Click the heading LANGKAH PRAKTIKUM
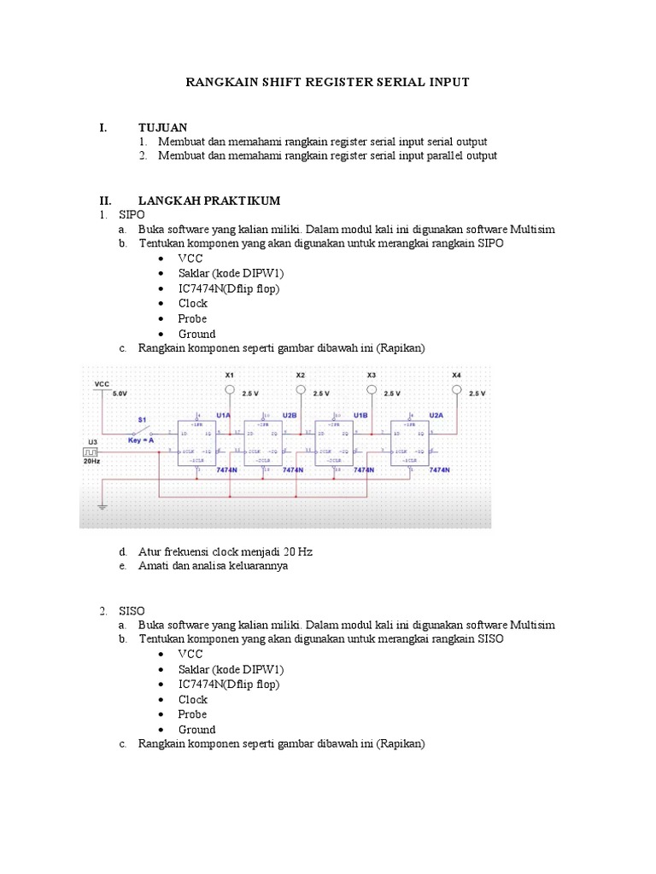point(209,200)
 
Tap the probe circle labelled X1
point(228,390)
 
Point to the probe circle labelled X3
point(371,390)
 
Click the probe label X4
point(456,374)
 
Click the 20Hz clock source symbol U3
point(91,450)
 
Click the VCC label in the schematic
point(102,385)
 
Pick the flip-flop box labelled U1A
point(197,442)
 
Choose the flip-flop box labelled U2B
point(267,442)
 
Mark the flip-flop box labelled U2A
point(412,442)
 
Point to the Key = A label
point(141,440)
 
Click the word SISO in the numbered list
point(132,610)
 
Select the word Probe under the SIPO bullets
point(192,318)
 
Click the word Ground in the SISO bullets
point(196,730)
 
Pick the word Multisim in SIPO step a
point(533,230)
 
